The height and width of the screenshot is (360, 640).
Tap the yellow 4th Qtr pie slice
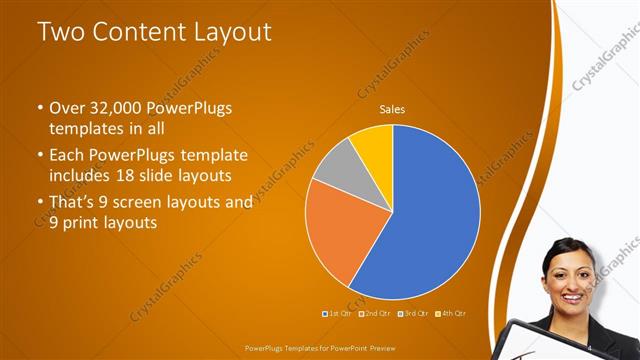coord(374,140)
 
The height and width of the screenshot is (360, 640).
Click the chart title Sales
coord(391,110)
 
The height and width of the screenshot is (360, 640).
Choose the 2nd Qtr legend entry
coord(375,314)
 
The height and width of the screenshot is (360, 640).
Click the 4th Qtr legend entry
coord(453,314)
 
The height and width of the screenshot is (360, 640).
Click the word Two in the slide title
coord(61,32)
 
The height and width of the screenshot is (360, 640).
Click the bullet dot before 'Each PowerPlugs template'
coord(39,156)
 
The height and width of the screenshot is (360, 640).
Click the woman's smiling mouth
coord(571,297)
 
